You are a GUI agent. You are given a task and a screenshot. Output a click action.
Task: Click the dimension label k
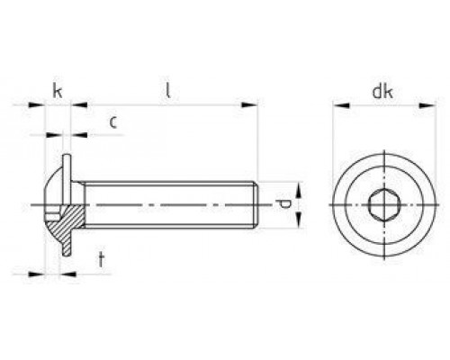tap(57, 90)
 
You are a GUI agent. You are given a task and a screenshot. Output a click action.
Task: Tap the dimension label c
tap(112, 121)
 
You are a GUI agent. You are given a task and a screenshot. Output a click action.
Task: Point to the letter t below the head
tap(102, 261)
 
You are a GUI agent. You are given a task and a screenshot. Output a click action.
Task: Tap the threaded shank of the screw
tap(171, 207)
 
